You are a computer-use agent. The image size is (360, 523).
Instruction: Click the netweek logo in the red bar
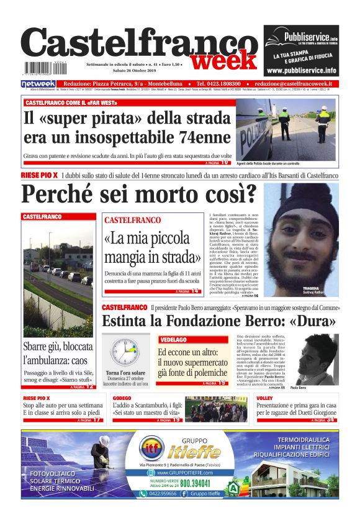[x=38, y=84]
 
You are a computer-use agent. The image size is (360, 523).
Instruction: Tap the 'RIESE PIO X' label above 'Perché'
[x=40, y=176]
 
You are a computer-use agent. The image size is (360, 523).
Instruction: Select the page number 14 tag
[x=194, y=291]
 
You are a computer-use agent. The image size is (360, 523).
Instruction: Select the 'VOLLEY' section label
[x=265, y=398]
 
